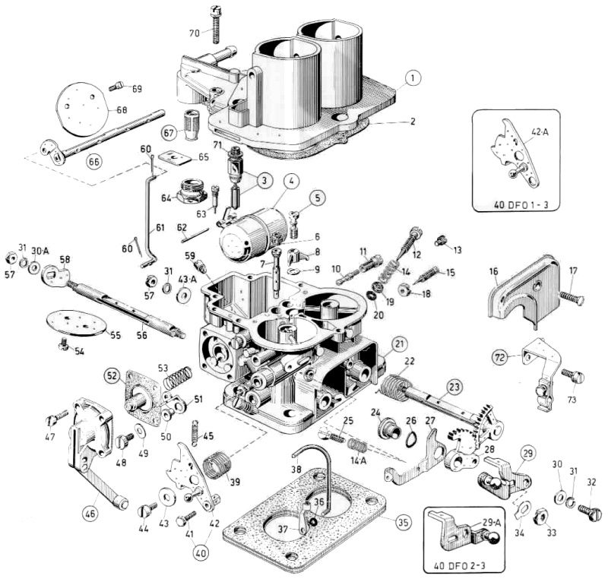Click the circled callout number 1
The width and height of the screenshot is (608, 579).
[411, 78]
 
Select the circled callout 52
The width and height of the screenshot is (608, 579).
[112, 375]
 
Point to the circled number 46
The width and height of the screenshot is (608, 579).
[90, 514]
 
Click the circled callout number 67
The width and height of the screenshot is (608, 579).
[169, 132]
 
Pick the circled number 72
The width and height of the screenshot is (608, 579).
[521, 356]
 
